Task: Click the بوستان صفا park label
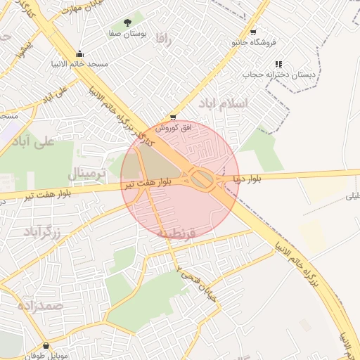click(127, 34)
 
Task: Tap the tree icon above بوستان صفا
click(127, 22)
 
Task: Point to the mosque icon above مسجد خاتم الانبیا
click(80, 53)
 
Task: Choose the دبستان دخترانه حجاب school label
click(279, 74)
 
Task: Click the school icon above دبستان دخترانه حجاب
click(279, 63)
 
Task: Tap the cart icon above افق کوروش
click(173, 118)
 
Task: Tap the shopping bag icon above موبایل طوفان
click(46, 345)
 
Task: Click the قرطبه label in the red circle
click(176, 232)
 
